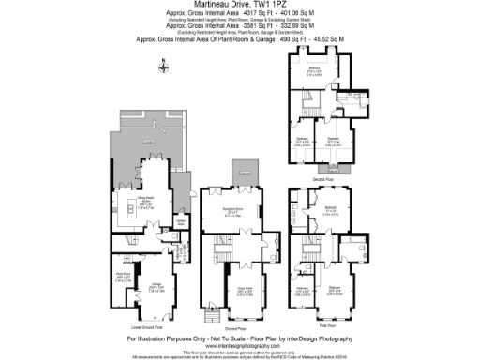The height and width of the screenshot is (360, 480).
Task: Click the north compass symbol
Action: [163, 66]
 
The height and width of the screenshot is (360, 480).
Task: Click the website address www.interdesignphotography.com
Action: [240, 345]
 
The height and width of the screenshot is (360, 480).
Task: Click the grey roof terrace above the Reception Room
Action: [246, 170]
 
